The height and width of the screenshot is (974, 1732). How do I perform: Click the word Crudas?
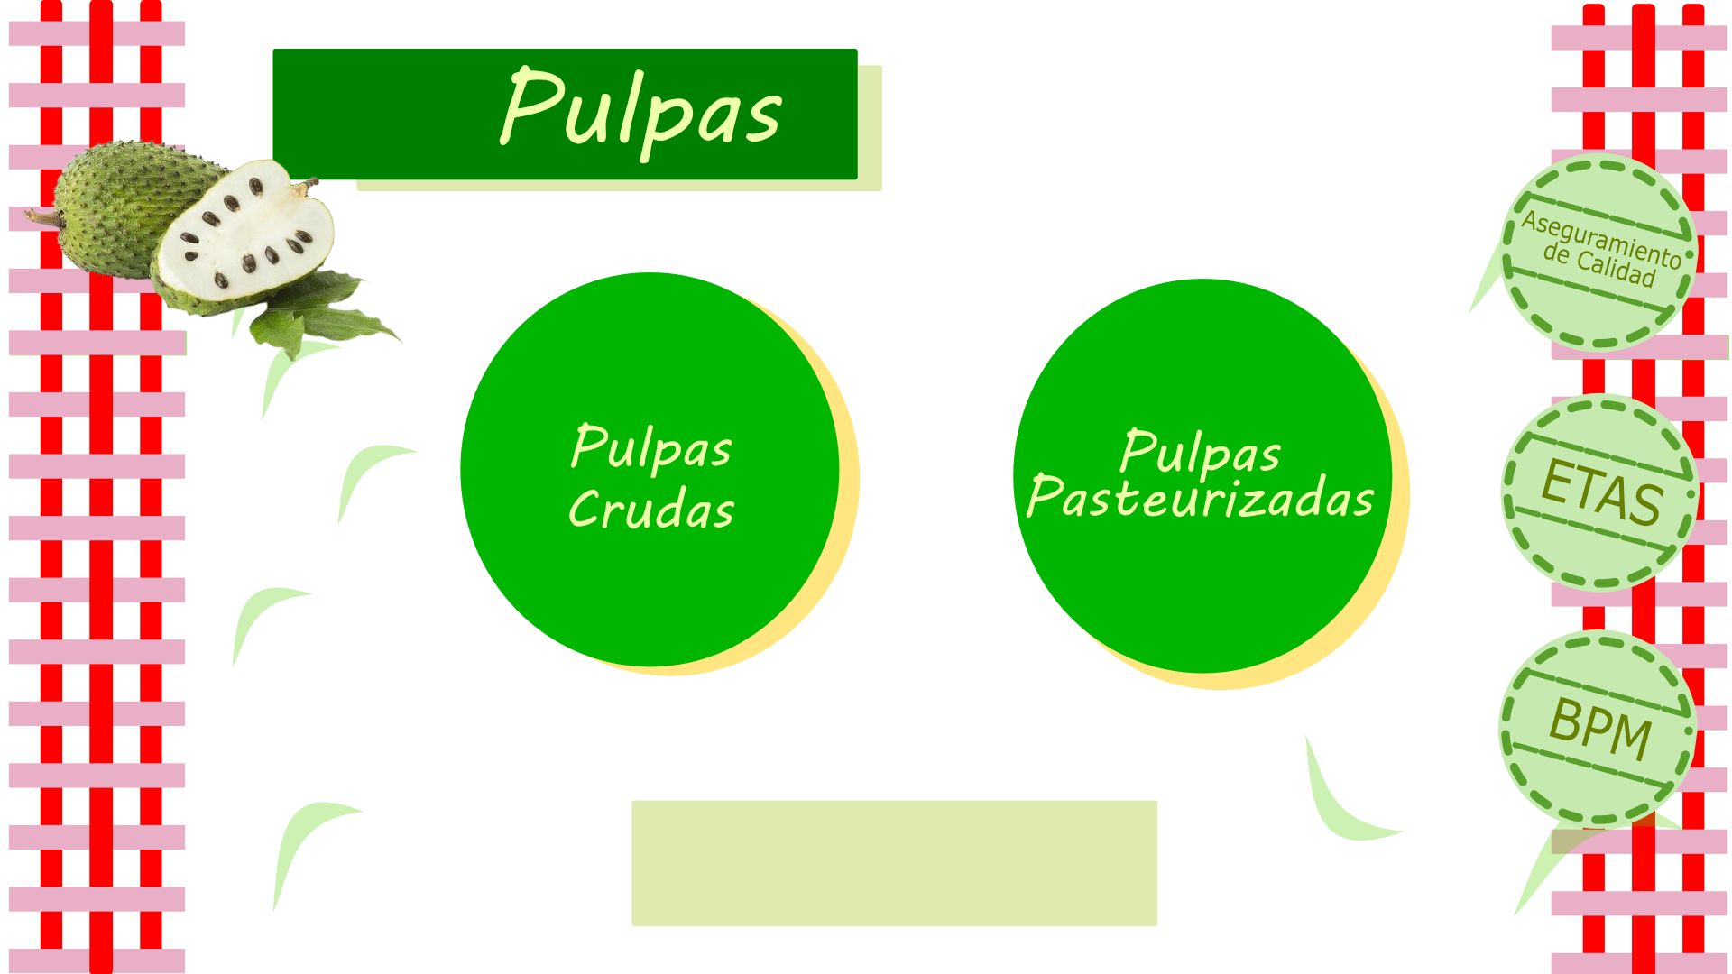click(651, 510)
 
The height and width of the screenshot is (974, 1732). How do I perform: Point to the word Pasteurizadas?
click(1201, 498)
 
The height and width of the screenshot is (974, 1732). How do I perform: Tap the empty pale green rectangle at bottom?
click(894, 863)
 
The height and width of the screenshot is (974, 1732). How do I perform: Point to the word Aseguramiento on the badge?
click(1601, 239)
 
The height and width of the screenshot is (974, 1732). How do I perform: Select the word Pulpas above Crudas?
click(651, 447)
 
